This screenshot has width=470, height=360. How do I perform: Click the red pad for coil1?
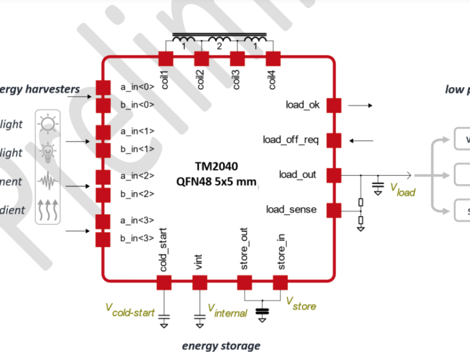click(165, 59)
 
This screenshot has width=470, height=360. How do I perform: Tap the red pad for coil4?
click(273, 59)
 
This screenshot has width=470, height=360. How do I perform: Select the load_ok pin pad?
click(333, 105)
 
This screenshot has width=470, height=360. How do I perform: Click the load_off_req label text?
click(291, 140)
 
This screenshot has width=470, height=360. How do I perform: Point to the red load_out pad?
click(333, 175)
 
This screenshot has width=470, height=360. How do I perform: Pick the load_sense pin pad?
click(333, 210)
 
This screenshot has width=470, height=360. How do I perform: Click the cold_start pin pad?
click(164, 282)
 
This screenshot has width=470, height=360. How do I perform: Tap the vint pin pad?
click(200, 282)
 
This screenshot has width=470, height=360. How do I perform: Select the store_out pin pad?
click(244, 282)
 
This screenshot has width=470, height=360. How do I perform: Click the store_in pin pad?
click(280, 282)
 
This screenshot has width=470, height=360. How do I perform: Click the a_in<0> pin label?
click(137, 86)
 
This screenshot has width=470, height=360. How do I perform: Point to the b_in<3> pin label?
click(137, 239)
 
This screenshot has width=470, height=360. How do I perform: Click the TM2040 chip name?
click(217, 166)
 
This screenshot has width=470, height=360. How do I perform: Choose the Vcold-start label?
click(130, 310)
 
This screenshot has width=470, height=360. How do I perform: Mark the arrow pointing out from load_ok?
click(360, 105)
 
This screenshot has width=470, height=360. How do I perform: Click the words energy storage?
click(221, 346)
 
